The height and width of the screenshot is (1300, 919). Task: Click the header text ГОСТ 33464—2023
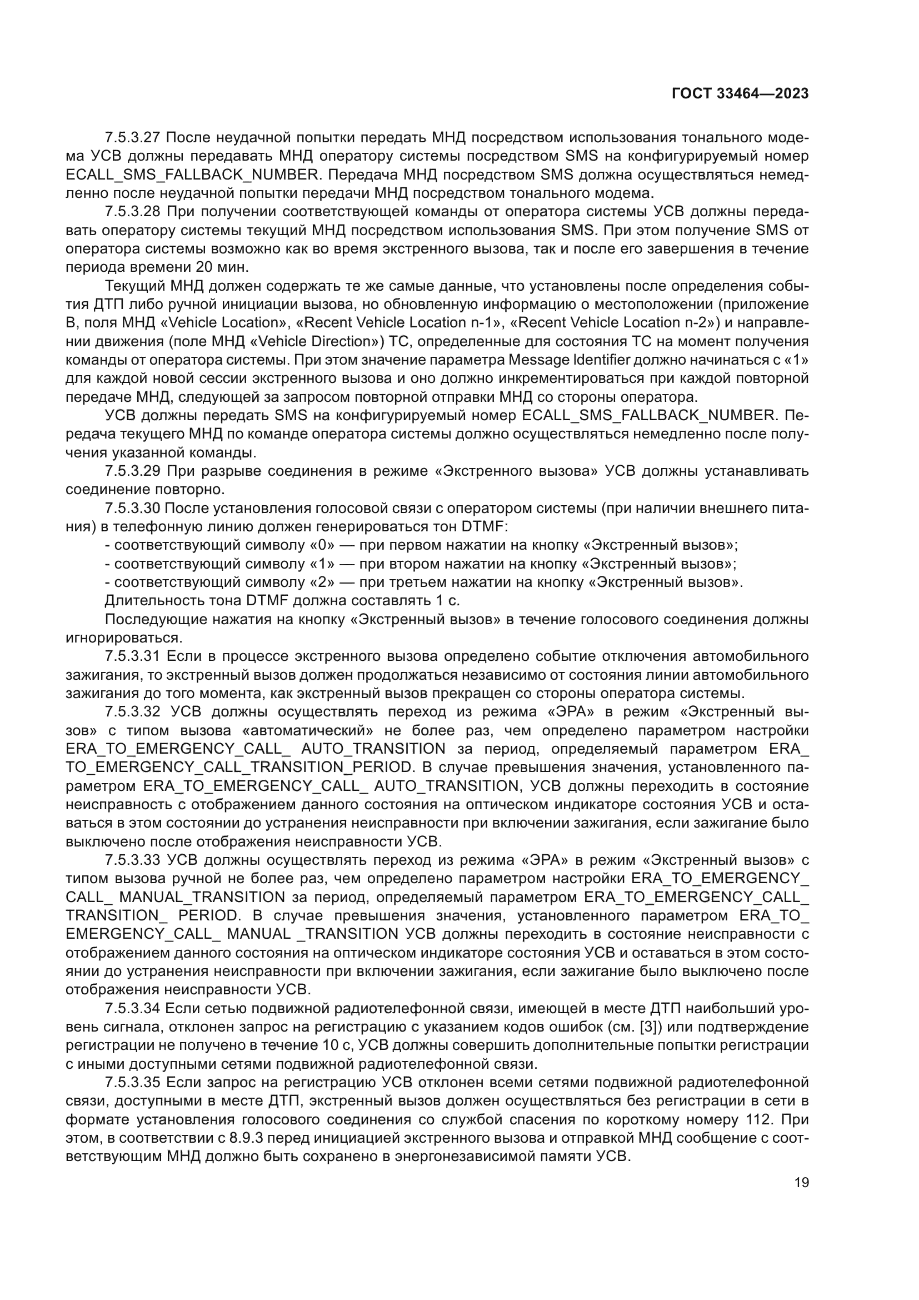pyautogui.click(x=740, y=94)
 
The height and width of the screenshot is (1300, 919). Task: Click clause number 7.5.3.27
pyautogui.click(x=133, y=138)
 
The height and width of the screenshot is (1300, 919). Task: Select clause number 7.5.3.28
pyautogui.click(x=133, y=212)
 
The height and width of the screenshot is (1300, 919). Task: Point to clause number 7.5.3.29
pyautogui.click(x=133, y=471)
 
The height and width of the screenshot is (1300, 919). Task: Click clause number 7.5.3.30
pyautogui.click(x=133, y=509)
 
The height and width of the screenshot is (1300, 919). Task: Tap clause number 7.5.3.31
pyautogui.click(x=133, y=656)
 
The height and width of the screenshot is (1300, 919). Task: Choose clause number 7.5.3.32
pyautogui.click(x=133, y=712)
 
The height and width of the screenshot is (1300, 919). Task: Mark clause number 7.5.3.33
pyautogui.click(x=133, y=860)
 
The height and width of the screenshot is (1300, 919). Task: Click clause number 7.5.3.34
pyautogui.click(x=133, y=1008)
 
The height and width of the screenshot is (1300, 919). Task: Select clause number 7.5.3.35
pyautogui.click(x=133, y=1083)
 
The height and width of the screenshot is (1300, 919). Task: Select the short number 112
pyautogui.click(x=764, y=1119)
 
